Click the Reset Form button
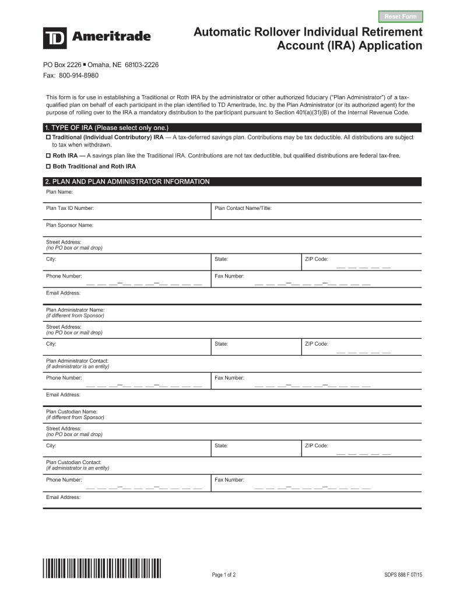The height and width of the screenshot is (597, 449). coord(401,16)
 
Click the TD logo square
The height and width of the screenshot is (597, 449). coord(55,38)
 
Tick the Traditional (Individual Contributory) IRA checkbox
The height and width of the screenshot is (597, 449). coord(49,138)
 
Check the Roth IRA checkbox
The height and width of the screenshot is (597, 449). coord(49,156)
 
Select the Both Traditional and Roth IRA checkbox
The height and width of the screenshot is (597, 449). coord(49,166)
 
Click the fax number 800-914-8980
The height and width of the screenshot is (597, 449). coord(78,76)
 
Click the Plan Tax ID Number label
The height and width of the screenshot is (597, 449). coord(70,208)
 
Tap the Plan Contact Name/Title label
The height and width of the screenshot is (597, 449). coord(243,208)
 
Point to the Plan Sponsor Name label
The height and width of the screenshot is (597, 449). coord(69,224)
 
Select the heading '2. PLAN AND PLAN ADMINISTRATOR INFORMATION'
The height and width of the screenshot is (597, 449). coord(127,182)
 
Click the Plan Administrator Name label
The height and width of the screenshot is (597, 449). coord(75,310)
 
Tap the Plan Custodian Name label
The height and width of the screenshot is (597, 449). coord(72,412)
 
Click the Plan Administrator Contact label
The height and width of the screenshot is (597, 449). coord(77,361)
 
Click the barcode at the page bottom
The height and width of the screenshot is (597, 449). coord(102,568)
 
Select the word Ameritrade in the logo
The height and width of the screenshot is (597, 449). coord(111,37)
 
